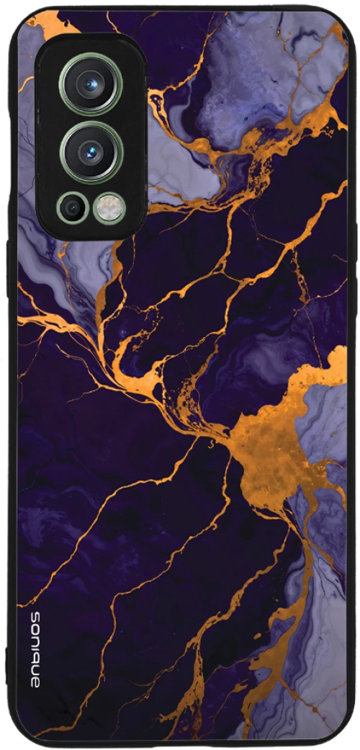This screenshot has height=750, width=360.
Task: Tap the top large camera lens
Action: (91, 84)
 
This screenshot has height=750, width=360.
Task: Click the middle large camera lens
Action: (91, 151)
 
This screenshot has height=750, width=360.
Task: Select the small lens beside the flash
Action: (73, 208)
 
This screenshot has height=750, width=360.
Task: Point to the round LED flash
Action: (109, 208)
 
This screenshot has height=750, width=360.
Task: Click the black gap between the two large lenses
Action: (91, 117)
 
